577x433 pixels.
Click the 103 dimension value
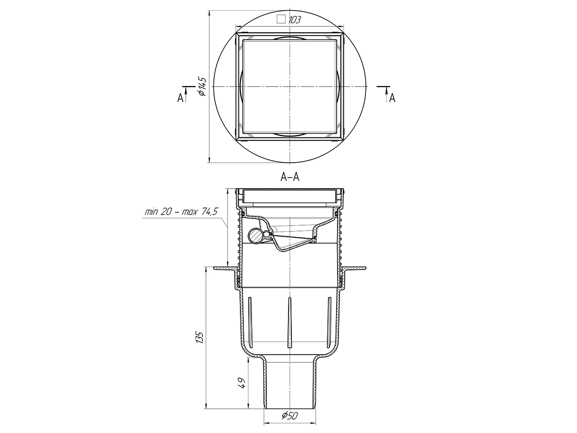click(x=295, y=20)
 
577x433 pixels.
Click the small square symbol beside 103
click(x=281, y=19)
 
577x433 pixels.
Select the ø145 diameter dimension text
click(x=202, y=87)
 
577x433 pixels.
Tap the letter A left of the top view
click(x=180, y=98)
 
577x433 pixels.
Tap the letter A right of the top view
click(x=392, y=98)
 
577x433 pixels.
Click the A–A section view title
click(x=290, y=177)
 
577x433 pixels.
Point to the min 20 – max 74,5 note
click(x=181, y=212)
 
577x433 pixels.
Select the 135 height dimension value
click(x=200, y=337)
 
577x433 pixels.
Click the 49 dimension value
click(x=242, y=383)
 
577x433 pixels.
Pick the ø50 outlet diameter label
click(x=289, y=416)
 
